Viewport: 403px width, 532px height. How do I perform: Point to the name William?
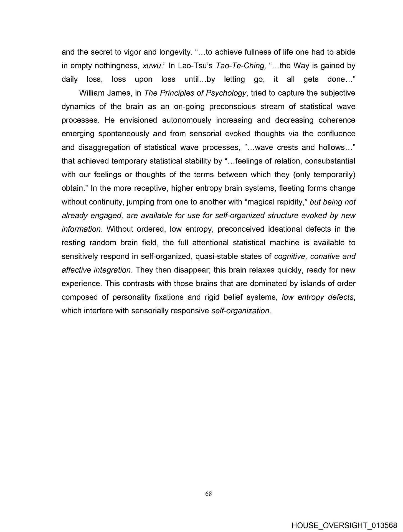coord(93,93)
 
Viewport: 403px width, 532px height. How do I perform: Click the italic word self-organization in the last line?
coord(240,311)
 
